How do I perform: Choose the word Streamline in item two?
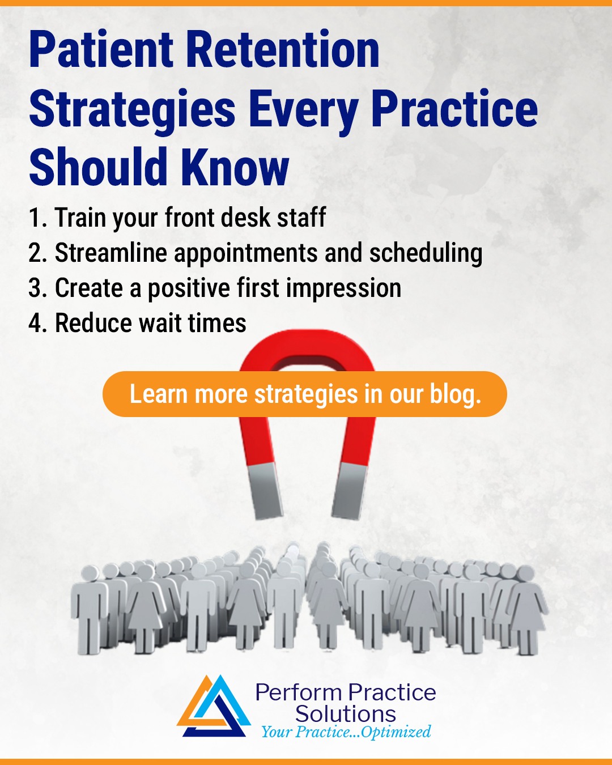[110, 253]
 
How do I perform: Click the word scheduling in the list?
[426, 253]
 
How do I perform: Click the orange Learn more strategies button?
[304, 394]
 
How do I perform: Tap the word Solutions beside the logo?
[346, 713]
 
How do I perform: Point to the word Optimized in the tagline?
[396, 732]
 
